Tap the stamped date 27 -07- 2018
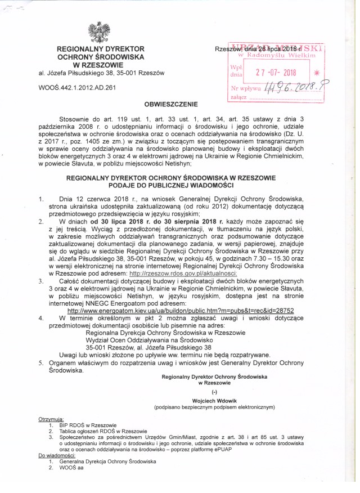tap(276, 73)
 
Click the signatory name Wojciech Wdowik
tap(214, 400)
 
